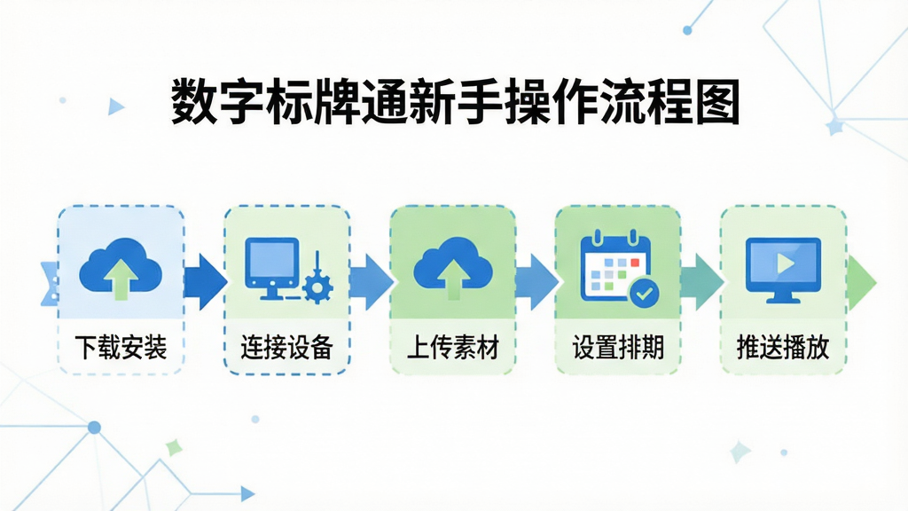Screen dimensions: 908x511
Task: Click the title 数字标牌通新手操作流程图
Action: coord(455,102)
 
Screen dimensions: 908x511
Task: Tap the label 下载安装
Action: coord(121,348)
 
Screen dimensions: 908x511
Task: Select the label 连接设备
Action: coord(286,348)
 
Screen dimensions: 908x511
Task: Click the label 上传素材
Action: coord(453,348)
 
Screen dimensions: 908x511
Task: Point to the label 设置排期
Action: coord(618,348)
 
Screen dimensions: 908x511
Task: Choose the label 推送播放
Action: coord(783,348)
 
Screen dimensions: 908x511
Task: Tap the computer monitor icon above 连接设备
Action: coord(272,268)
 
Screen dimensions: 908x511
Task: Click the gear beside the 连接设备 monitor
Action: coord(317,287)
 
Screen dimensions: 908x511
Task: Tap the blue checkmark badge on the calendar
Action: coord(644,293)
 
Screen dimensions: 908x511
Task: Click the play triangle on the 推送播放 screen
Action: coord(786,263)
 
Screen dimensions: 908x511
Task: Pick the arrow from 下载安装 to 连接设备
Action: coord(205,282)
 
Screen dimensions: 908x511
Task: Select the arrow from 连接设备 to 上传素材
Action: coord(372,282)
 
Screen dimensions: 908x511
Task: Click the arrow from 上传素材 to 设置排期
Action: coord(536,282)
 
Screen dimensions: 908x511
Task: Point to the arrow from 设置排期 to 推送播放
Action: coord(702,282)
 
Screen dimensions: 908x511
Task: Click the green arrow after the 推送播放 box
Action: coord(862,283)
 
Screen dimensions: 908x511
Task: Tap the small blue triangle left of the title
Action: coord(115,106)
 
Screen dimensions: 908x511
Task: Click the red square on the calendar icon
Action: coord(635,263)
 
